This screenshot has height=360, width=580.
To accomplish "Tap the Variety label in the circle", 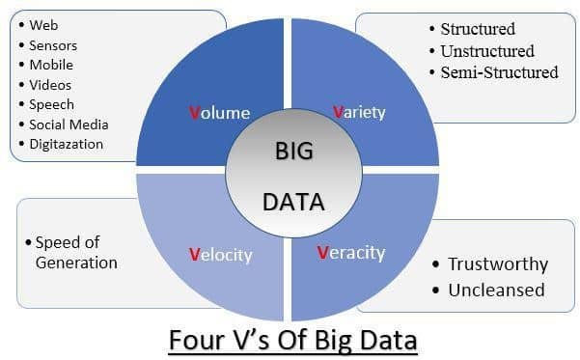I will tap(359, 112).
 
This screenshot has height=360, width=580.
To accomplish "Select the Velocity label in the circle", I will tap(220, 255).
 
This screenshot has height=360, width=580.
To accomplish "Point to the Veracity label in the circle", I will tap(351, 253).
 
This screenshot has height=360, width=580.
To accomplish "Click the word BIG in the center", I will tap(294, 152).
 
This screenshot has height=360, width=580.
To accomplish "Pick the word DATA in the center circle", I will tap(293, 203).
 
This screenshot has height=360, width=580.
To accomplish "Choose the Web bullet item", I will tap(43, 25).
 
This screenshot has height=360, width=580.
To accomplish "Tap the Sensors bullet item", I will tap(53, 45).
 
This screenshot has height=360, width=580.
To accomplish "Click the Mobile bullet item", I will tap(51, 65).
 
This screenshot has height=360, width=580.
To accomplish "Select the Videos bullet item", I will tap(51, 85).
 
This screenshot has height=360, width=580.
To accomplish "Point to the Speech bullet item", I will tap(52, 104).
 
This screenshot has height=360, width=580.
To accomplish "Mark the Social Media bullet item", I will tap(69, 125).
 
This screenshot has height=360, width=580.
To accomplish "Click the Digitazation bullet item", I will tap(67, 145).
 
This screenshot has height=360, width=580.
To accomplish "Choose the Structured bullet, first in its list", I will tap(478, 29).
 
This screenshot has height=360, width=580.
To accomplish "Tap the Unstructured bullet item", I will tap(487, 50).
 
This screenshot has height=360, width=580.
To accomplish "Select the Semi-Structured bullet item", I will tap(499, 72).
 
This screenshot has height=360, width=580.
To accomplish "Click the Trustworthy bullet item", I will tap(497, 264).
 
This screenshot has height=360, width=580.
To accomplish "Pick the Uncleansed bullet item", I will tap(496, 290).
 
